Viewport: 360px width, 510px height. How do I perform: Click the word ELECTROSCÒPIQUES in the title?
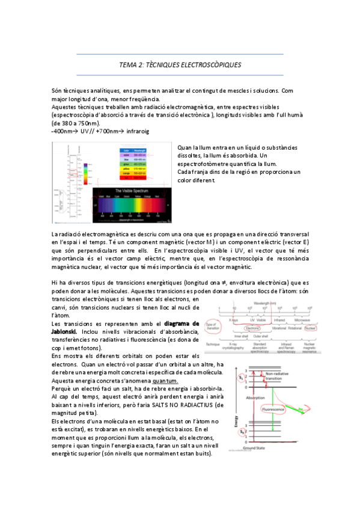[210, 64]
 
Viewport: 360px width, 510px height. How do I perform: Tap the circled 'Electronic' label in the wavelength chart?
[253, 329]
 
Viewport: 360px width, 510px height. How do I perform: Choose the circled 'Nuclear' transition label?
[310, 329]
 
